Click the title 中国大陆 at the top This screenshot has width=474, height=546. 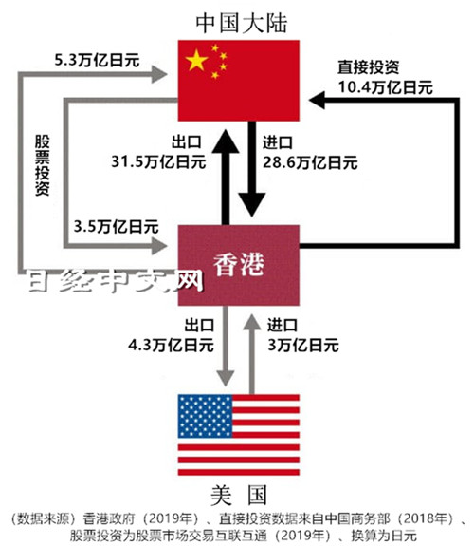coord(242,24)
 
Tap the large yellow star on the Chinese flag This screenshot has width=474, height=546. coord(197,60)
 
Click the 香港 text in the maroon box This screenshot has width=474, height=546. coord(239,265)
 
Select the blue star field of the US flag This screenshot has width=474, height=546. coord(205,416)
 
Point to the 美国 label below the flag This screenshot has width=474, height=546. coord(239,495)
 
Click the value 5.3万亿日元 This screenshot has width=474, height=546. coord(97,60)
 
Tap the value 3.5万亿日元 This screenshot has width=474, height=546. coord(117,227)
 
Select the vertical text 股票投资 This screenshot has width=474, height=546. coord(43,165)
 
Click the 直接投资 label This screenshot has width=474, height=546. coord(368,66)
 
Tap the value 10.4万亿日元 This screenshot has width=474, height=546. coord(386,87)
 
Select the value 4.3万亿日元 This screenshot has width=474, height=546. coord(171,346)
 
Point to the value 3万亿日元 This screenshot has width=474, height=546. coord(303,346)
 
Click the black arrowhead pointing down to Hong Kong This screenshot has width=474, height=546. coord(252,204)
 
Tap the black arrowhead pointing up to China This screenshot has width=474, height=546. coord(226,141)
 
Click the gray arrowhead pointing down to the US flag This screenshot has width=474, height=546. coord(226,378)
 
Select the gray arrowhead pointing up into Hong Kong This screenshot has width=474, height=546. coord(252,321)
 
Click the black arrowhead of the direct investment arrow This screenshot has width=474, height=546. coord(317,100)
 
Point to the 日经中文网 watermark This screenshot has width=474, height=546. coord(115,281)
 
